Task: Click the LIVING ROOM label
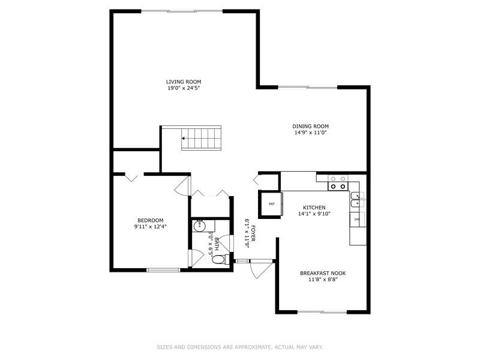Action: pyautogui.click(x=184, y=82)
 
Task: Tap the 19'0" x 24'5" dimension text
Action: pyautogui.click(x=184, y=88)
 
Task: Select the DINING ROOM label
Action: pyautogui.click(x=310, y=126)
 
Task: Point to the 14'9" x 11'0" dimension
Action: pyautogui.click(x=310, y=133)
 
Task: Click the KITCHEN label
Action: pyautogui.click(x=314, y=207)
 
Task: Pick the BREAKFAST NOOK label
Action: pyautogui.click(x=323, y=273)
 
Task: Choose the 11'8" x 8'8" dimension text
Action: pyautogui.click(x=323, y=280)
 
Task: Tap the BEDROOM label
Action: pyautogui.click(x=151, y=220)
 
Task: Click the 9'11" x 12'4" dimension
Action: pyautogui.click(x=151, y=227)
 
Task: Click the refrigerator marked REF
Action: pyautogui.click(x=271, y=204)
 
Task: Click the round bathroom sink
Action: pyautogui.click(x=199, y=226)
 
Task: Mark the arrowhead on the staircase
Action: pyautogui.click(x=183, y=139)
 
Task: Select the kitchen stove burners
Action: pyautogui.click(x=338, y=182)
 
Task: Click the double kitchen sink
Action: pyautogui.click(x=356, y=200)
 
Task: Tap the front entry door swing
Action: pyautogui.click(x=261, y=269)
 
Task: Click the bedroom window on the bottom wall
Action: pyautogui.click(x=163, y=269)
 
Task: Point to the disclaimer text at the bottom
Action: pyautogui.click(x=240, y=347)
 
